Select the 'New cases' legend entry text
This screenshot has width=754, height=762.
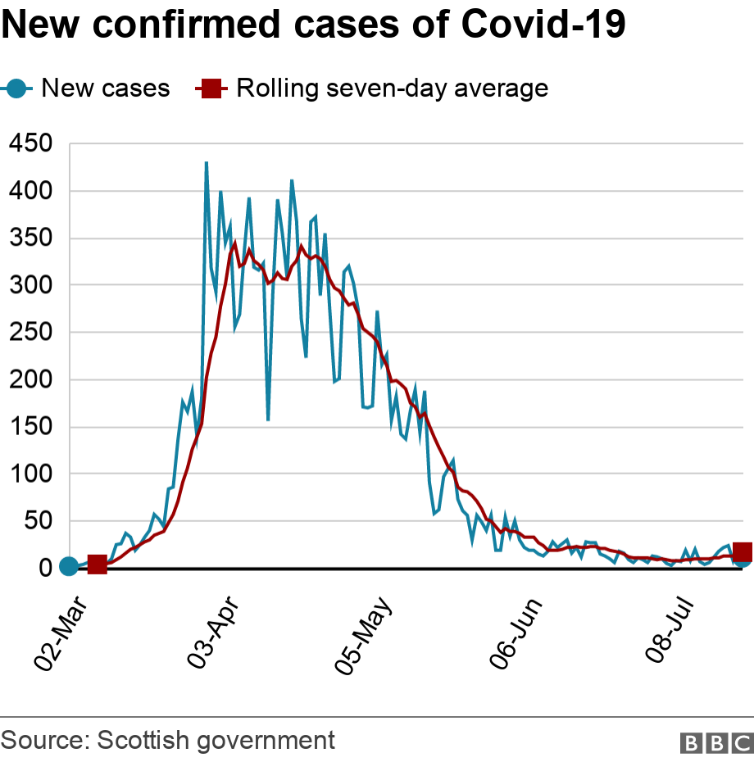click(x=106, y=88)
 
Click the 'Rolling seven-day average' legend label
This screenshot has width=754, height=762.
click(x=392, y=88)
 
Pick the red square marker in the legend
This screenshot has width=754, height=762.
click(x=210, y=88)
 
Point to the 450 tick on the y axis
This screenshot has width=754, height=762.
click(x=30, y=144)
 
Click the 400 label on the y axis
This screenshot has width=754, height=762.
click(x=30, y=191)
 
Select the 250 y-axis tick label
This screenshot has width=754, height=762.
click(x=30, y=333)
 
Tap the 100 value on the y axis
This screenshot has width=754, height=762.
click(x=30, y=474)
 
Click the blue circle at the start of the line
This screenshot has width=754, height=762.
click(x=69, y=566)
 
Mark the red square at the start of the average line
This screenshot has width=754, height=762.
click(x=97, y=565)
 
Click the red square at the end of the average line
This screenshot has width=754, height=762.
click(x=743, y=551)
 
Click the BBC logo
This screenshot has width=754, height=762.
click(x=715, y=742)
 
